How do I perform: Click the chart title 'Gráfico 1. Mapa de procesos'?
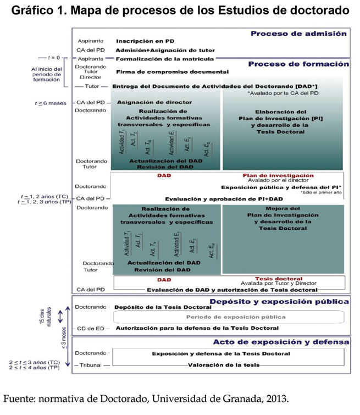pyautogui.click(x=180, y=10)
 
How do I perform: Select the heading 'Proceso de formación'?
pyautogui.click(x=298, y=64)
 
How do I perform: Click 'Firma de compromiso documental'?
pyautogui.click(x=172, y=72)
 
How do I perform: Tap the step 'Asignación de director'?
pyautogui.click(x=154, y=102)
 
